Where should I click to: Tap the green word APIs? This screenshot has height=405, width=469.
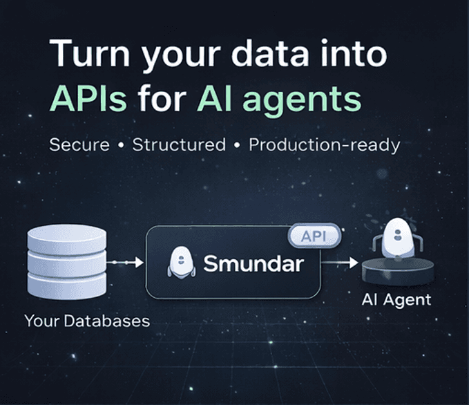click(88, 98)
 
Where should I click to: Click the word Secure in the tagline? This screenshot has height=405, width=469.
click(79, 145)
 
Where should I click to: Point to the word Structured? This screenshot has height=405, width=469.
click(179, 145)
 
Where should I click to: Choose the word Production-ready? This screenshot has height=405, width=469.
click(324, 145)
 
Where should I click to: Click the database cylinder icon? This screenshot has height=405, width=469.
click(67, 262)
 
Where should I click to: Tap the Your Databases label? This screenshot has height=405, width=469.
click(87, 321)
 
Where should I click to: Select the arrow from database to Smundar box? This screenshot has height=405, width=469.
click(125, 263)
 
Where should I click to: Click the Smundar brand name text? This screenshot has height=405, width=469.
click(253, 264)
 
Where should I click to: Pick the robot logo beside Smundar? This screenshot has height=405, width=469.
click(181, 262)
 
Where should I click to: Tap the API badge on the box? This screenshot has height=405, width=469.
click(314, 236)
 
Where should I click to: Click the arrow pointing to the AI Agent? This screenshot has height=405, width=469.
click(339, 263)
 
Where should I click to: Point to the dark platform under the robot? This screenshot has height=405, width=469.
click(398, 271)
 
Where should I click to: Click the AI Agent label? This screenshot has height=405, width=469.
click(396, 300)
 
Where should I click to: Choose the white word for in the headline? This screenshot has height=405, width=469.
click(162, 97)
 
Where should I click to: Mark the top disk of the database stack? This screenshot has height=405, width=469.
click(67, 238)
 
